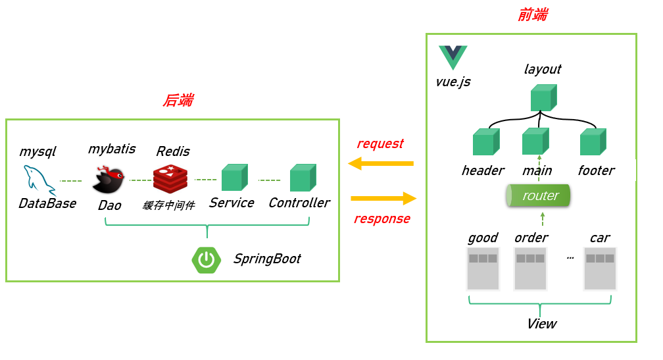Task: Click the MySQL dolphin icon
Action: tap(39, 180)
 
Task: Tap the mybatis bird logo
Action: tap(108, 180)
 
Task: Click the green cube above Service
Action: tap(234, 178)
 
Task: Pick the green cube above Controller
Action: tap(303, 178)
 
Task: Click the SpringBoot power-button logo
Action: tap(206, 260)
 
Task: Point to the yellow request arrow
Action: tap(381, 163)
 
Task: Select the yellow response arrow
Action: tap(383, 198)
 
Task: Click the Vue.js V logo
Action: tap(453, 57)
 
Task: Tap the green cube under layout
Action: tap(543, 97)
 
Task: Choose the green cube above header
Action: tap(485, 141)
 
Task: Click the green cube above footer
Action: tap(593, 141)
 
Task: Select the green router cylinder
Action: tap(537, 196)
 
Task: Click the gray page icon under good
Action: tap(483, 269)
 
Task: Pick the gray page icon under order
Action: tap(530, 269)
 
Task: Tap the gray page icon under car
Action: tap(600, 269)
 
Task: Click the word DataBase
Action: tap(47, 203)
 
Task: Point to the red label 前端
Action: tap(532, 15)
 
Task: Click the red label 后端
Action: tap(178, 100)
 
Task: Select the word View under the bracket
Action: tap(541, 324)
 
